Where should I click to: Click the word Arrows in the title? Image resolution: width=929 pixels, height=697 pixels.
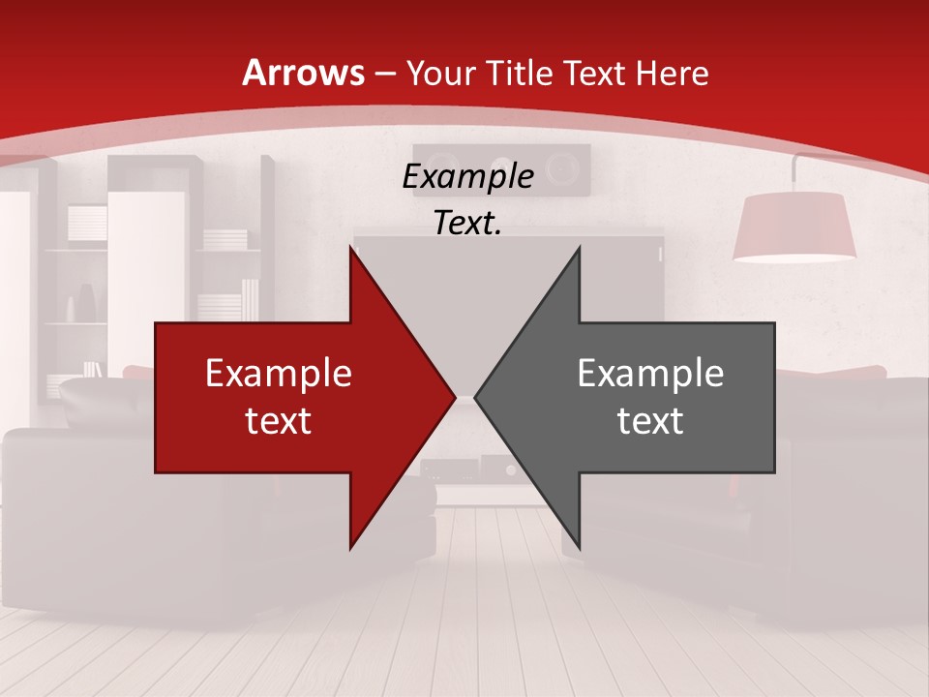(x=304, y=73)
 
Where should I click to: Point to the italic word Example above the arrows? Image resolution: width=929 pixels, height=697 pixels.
(x=467, y=177)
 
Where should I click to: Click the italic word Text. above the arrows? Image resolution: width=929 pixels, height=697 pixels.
(x=467, y=224)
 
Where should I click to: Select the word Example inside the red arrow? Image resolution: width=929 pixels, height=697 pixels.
(x=279, y=373)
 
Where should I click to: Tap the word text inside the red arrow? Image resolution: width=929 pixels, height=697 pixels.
(x=279, y=421)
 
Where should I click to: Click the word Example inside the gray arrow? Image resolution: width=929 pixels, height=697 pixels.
(x=650, y=373)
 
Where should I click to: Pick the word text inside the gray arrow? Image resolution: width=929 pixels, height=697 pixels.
(x=650, y=421)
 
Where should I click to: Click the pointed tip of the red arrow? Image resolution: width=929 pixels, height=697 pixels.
(x=454, y=397)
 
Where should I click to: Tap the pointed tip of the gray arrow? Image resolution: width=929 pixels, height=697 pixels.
(x=476, y=397)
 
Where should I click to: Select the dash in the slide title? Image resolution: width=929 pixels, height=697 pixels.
(x=384, y=74)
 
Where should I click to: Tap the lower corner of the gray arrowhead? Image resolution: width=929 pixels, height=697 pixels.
(x=579, y=548)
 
